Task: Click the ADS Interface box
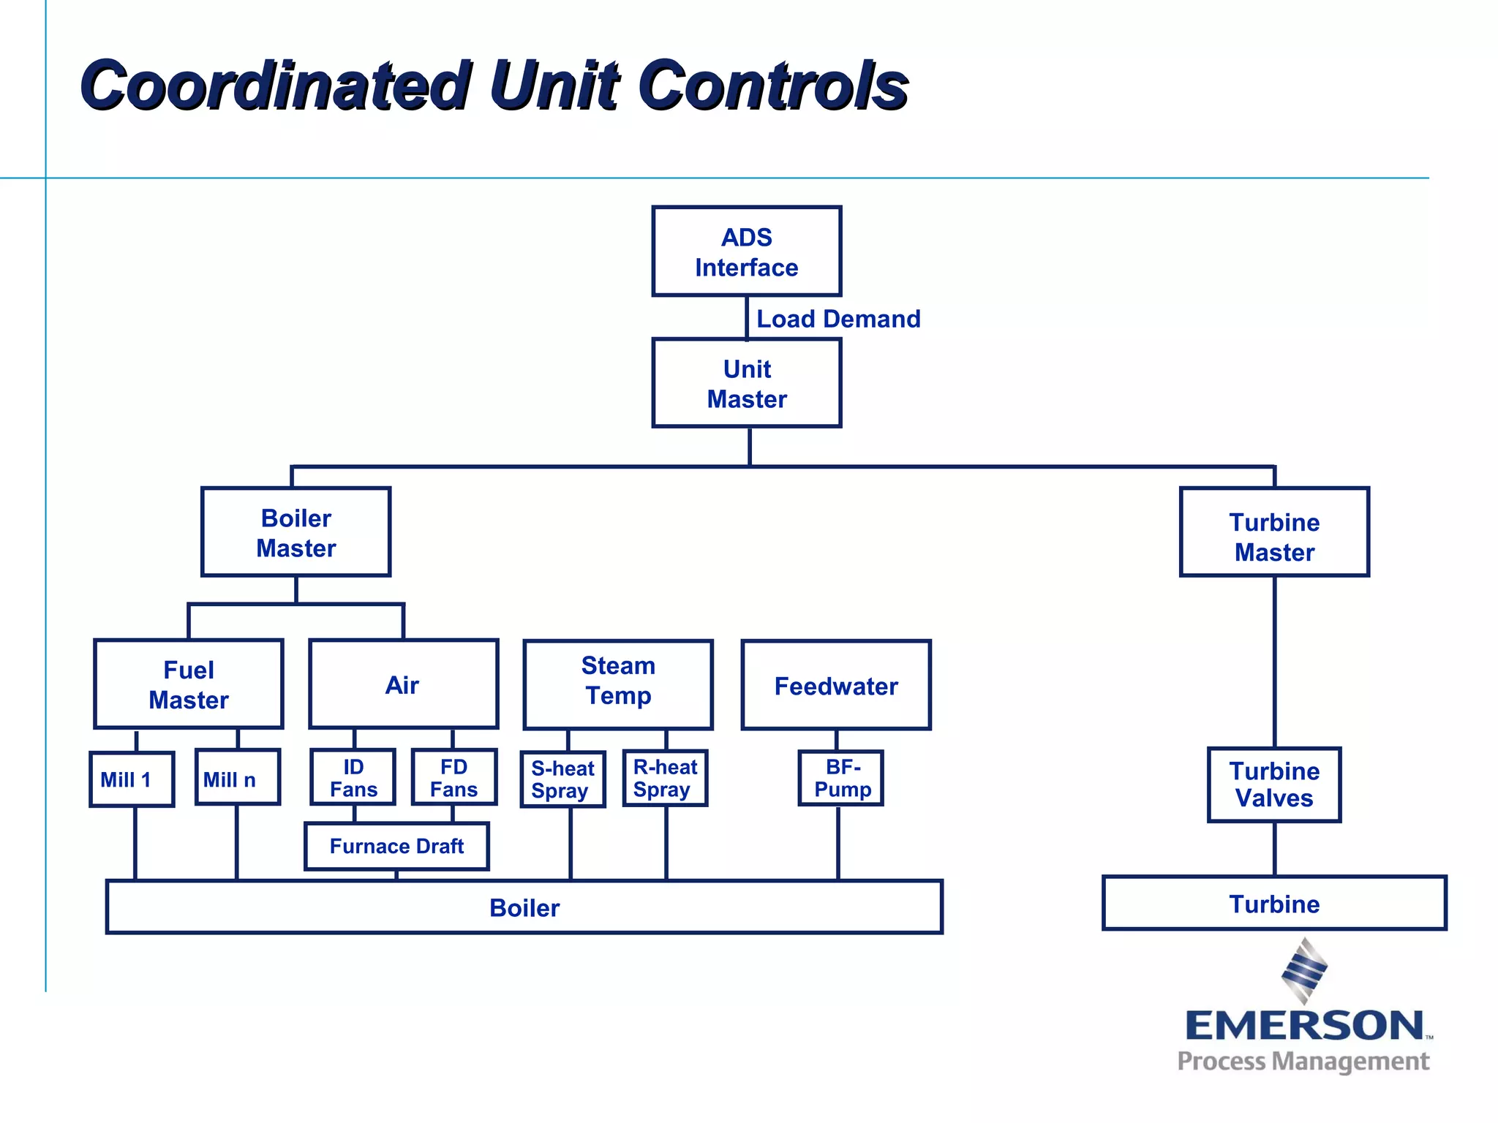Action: point(746,252)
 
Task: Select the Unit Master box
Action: point(746,383)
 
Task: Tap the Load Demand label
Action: point(838,319)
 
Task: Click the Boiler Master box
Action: point(296,532)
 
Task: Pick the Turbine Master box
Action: point(1273,532)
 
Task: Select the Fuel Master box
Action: point(189,684)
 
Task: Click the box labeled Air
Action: point(403,684)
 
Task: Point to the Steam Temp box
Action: point(618,684)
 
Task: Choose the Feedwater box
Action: point(836,685)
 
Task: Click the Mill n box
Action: point(238,778)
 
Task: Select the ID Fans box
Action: point(353,777)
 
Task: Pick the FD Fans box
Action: point(454,777)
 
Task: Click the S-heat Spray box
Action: point(562,779)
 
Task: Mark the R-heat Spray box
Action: point(665,778)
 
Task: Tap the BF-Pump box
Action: point(841,778)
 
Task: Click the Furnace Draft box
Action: point(396,846)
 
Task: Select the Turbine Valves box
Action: point(1273,784)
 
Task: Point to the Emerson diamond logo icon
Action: point(1304,971)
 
